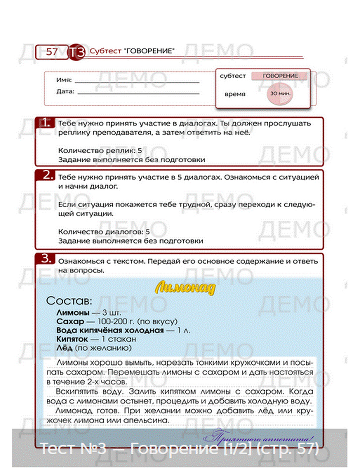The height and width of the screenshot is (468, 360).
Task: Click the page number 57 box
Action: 51,52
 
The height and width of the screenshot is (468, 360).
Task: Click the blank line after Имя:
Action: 137,82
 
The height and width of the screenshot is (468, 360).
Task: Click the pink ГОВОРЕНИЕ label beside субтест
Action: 280,76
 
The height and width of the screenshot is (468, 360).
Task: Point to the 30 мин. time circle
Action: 280,94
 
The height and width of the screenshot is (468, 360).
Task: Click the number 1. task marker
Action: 46,123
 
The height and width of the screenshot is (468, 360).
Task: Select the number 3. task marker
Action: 47,258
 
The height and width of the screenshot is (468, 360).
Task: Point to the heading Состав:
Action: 69,301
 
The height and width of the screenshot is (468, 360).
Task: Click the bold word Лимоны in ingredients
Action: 73,312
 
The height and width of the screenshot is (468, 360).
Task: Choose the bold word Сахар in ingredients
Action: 70,321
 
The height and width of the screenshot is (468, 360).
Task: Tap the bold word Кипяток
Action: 72,339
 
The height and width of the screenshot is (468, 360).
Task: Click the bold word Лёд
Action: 64,348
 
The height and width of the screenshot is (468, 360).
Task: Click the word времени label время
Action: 235,94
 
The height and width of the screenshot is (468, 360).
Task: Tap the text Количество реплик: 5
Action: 100,150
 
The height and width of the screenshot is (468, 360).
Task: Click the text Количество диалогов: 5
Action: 104,232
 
